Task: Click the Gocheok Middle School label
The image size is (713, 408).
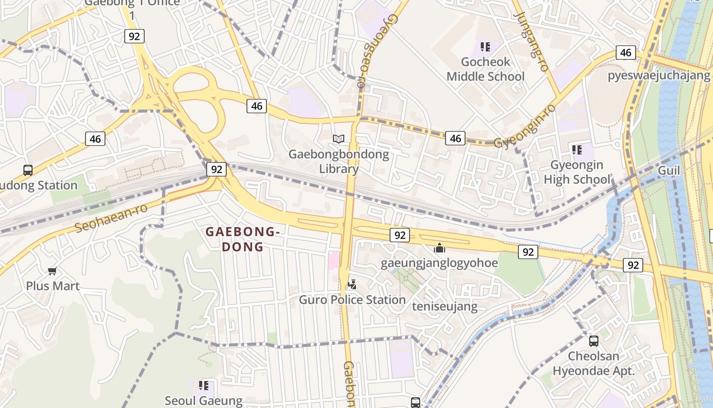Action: click(485, 69)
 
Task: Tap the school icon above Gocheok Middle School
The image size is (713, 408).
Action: click(485, 47)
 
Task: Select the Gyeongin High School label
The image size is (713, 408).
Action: click(577, 172)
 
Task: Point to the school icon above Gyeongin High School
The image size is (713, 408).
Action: click(577, 149)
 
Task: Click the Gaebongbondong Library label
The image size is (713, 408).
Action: click(338, 161)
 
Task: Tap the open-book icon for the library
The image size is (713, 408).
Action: click(339, 138)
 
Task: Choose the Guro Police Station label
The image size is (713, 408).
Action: click(352, 300)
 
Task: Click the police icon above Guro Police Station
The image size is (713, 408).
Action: click(351, 284)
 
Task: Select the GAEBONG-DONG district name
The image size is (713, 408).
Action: click(242, 239)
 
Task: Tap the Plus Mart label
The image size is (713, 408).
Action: click(53, 286)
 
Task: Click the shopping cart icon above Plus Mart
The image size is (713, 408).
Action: click(52, 271)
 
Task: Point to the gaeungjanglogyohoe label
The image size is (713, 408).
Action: click(439, 263)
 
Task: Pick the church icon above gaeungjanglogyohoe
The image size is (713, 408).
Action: click(439, 248)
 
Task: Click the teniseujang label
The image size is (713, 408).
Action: click(445, 307)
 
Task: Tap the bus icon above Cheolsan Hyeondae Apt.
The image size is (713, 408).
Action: click(593, 341)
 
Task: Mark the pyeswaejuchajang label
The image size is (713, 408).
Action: click(659, 76)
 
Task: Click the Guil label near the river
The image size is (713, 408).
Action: click(669, 170)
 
